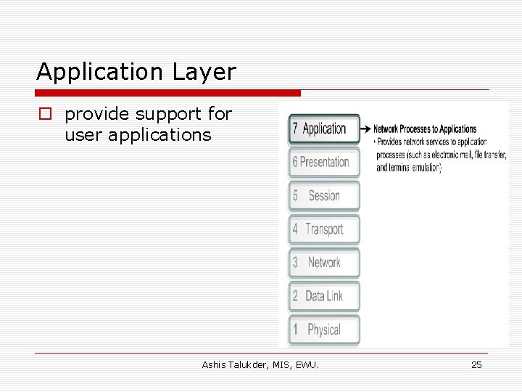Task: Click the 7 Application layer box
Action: (324, 128)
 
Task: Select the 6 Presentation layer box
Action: (324, 162)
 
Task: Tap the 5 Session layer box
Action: (324, 195)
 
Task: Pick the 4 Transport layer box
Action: (324, 229)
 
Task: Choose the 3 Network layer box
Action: (324, 262)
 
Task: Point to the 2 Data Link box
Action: (324, 295)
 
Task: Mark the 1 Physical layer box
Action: (324, 329)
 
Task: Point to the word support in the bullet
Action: (161, 114)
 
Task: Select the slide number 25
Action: (476, 364)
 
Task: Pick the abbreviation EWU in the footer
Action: (307, 364)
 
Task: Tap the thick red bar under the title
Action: (168, 93)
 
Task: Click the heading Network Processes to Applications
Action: (425, 129)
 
